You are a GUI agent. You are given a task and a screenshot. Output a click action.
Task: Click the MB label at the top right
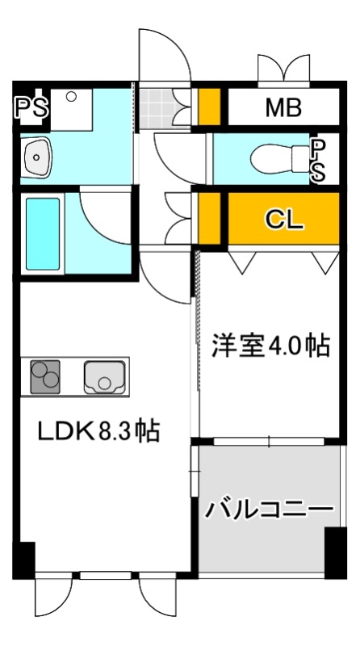click(283, 107)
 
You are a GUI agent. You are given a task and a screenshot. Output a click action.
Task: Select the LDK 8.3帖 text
click(98, 430)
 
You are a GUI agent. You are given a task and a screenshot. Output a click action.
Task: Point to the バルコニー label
click(268, 510)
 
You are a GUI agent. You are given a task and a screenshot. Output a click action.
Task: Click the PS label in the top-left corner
click(30, 107)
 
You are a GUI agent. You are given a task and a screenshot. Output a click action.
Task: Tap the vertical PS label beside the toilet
click(320, 160)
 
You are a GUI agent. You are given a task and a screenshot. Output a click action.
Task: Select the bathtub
click(42, 234)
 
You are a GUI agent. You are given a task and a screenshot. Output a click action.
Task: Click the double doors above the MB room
click(283, 69)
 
